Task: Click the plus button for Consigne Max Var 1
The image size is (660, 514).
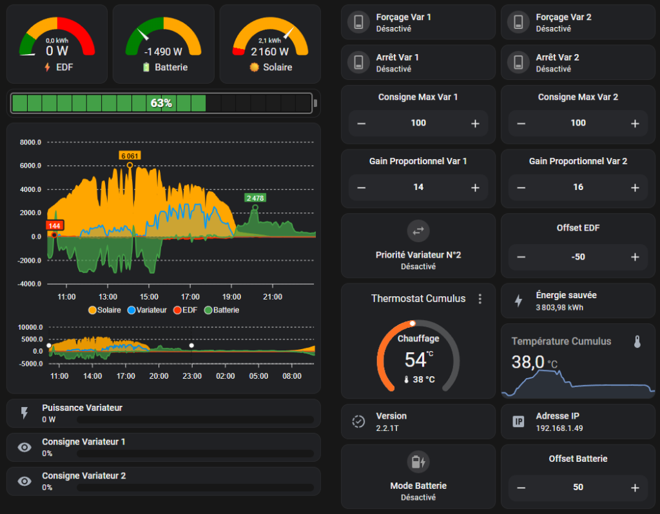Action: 475,124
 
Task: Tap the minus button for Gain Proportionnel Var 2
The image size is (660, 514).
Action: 521,187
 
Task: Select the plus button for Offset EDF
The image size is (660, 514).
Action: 635,257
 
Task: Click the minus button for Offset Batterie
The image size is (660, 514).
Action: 521,488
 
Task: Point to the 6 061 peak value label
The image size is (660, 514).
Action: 130,156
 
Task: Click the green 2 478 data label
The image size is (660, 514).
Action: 255,198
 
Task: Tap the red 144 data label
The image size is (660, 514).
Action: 55,226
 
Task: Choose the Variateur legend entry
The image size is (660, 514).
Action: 148,310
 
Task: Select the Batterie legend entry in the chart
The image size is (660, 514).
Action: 222,310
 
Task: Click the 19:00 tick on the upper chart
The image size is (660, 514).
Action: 231,297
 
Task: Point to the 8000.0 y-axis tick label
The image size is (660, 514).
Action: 30,142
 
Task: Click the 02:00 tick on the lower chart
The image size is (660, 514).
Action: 225,376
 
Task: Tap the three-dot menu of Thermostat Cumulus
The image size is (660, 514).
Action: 480,299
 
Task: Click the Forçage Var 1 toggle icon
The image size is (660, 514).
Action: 358,22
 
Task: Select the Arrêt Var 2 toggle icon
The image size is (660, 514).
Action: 519,62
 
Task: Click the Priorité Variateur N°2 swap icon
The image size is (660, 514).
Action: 418,231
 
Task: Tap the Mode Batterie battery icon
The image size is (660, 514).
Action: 418,462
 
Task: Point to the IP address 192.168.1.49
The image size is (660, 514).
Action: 559,428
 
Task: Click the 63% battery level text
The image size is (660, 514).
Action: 161,103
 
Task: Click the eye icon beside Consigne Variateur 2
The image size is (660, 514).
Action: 24,481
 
